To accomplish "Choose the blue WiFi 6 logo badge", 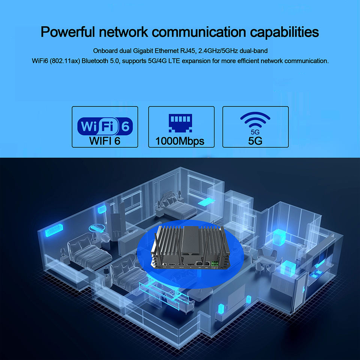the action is [x=105, y=126].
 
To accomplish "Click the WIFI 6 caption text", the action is [x=105, y=141].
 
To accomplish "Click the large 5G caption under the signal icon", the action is [x=255, y=141].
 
